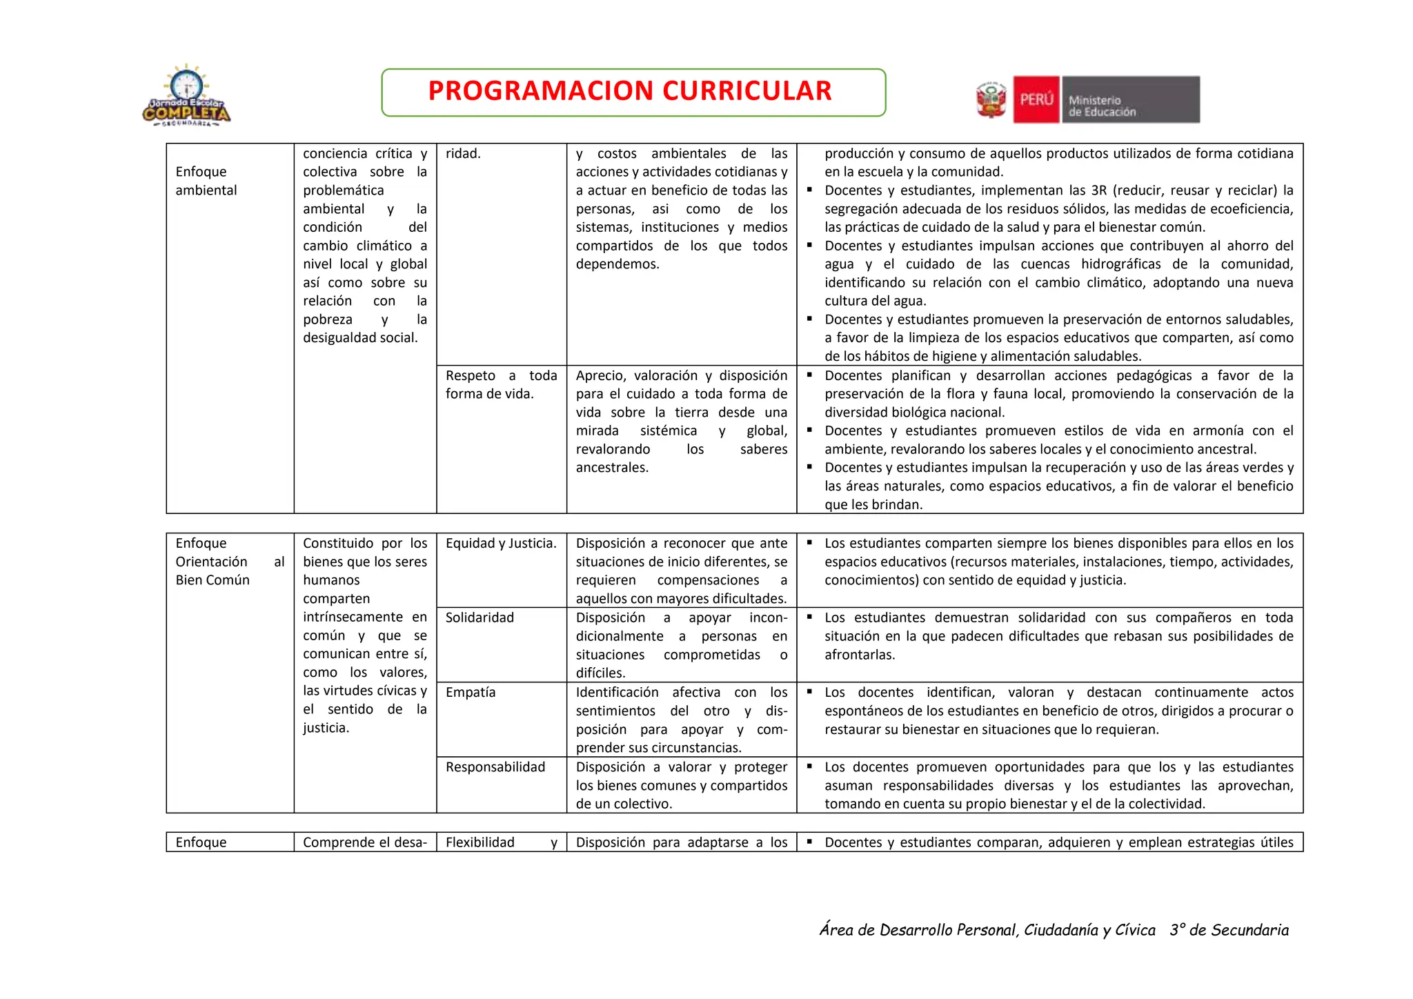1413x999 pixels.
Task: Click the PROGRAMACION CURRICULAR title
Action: pos(629,91)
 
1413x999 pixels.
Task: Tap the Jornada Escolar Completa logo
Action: pos(186,97)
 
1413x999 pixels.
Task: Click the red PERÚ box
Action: pos(1036,99)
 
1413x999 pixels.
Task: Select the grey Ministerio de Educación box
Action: pos(1130,100)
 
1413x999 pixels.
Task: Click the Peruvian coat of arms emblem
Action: pos(991,100)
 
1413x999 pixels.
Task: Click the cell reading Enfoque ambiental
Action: pos(206,181)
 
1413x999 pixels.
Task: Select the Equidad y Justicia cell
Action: pos(501,544)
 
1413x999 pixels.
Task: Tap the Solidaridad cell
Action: pos(480,617)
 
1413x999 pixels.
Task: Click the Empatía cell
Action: pos(471,692)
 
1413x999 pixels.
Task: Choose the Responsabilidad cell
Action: pos(495,767)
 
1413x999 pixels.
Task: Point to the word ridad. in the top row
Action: pos(463,153)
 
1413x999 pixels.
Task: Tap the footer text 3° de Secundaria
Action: pos(1229,930)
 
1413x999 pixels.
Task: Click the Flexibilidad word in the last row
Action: pos(480,842)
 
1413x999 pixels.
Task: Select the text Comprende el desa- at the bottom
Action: pos(365,842)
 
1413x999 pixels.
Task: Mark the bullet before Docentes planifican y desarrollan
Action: pos(809,374)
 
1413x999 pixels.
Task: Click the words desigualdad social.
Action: pos(360,338)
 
